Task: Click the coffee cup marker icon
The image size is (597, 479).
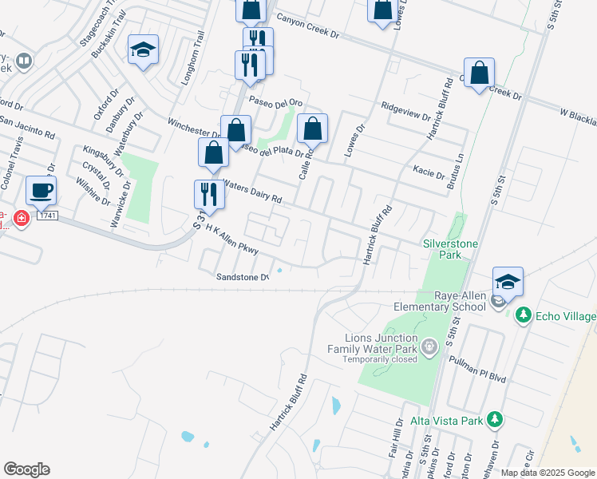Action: tap(41, 190)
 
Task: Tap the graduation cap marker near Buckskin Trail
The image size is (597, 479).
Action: tap(144, 49)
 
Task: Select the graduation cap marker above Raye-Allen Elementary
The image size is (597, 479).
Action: tap(508, 281)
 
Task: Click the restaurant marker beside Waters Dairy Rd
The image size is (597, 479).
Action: tap(209, 194)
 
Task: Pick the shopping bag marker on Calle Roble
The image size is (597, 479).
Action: tap(312, 128)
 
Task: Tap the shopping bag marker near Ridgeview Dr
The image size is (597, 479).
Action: tap(479, 73)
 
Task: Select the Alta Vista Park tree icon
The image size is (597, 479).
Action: tap(495, 418)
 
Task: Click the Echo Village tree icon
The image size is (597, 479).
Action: tap(523, 315)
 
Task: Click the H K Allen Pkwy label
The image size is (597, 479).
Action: tap(232, 239)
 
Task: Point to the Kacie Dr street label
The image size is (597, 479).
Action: tap(429, 170)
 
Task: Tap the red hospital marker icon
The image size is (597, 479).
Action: tap(20, 217)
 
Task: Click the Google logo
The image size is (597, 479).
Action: tap(26, 469)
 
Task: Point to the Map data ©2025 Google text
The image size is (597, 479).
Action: tap(547, 473)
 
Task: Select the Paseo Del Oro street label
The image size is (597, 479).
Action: tap(276, 102)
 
